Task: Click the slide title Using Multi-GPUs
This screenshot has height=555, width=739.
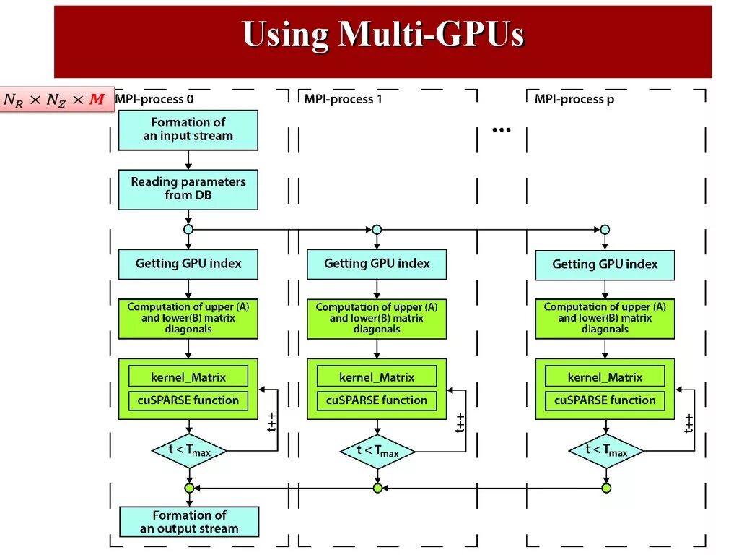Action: coord(382,35)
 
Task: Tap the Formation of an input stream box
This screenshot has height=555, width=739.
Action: coord(188,130)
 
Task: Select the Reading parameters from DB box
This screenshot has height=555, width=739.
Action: coord(188,189)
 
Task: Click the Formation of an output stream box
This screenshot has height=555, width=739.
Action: coord(188,522)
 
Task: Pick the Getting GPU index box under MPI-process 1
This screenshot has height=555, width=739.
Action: coord(377,264)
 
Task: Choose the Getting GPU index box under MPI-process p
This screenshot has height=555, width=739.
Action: coord(605,264)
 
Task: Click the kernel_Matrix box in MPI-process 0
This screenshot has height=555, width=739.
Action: coord(188,377)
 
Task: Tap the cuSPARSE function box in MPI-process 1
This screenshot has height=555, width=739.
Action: coord(377,400)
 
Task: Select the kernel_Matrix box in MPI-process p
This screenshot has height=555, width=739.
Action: coord(605,377)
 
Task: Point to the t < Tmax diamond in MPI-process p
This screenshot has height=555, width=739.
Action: coord(605,451)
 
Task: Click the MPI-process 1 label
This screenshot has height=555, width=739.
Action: coord(343,99)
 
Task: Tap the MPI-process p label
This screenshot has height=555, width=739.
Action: coord(574,99)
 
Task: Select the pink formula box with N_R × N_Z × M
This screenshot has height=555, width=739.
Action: coord(56,99)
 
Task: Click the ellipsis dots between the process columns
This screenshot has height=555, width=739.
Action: coord(502,130)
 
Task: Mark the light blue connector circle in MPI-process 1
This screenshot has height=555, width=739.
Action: coord(377,230)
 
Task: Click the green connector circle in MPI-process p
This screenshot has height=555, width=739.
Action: coord(606,489)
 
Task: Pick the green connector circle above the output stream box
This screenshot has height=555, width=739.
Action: coord(189,489)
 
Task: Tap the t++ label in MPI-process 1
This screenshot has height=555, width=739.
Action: coord(460,423)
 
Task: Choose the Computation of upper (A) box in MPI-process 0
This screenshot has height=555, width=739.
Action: coord(188,318)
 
